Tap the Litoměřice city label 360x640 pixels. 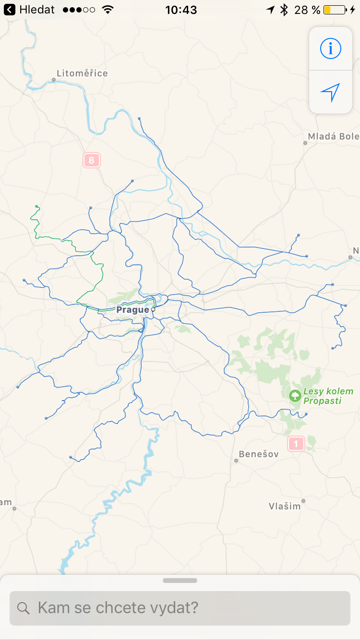(x=82, y=73)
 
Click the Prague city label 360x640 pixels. (x=132, y=310)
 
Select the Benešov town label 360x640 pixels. (x=259, y=454)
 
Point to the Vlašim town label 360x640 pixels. (x=285, y=506)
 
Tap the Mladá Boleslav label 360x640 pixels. (x=333, y=136)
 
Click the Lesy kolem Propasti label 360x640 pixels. (x=328, y=396)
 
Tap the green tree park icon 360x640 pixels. (x=295, y=396)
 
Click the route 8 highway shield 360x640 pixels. (x=91, y=160)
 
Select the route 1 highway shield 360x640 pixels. (x=296, y=444)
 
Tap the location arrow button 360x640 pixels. (x=330, y=92)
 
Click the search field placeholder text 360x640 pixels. (x=118, y=608)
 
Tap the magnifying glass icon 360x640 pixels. (x=24, y=608)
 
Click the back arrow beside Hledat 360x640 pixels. (x=10, y=10)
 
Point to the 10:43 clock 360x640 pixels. (x=180, y=10)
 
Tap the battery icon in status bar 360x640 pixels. (x=335, y=10)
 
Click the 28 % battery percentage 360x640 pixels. (x=307, y=10)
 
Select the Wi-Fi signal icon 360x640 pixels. (x=108, y=10)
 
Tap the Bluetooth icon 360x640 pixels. (x=284, y=10)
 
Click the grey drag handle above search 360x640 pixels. (x=180, y=581)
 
